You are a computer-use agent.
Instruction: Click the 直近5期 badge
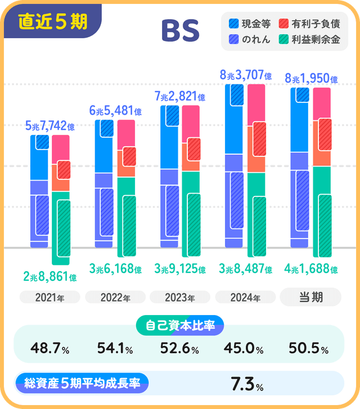coord(52,22)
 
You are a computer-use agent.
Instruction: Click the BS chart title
coord(180,32)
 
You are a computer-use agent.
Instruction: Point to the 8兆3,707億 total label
coord(246,75)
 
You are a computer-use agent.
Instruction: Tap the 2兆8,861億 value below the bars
coord(50,276)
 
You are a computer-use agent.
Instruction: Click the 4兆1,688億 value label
coord(311,269)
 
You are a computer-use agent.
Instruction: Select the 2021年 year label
coord(50,297)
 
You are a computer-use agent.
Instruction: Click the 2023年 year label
coord(180,297)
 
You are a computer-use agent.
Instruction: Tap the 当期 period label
coord(310,296)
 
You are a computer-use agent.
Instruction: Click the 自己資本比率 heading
coord(180,325)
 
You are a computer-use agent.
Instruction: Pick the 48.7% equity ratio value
coord(50,349)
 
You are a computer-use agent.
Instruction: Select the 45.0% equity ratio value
coord(245,349)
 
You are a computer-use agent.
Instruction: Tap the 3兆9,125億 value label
coord(180,269)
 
